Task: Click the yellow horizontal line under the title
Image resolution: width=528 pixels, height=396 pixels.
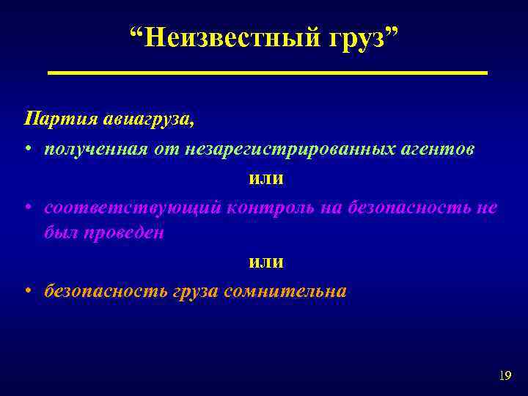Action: tap(267, 73)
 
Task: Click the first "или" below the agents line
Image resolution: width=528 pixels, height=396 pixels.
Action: tap(266, 179)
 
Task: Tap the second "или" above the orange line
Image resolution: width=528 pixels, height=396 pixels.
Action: tap(266, 261)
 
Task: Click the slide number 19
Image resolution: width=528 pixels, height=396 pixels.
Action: tap(504, 376)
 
